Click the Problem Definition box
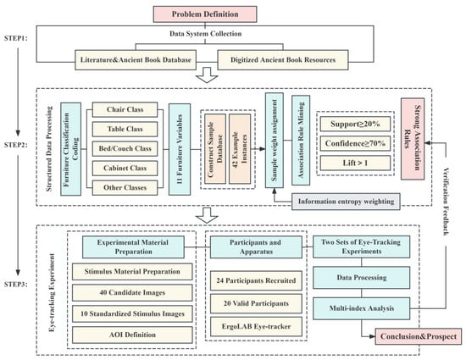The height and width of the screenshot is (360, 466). coord(205,14)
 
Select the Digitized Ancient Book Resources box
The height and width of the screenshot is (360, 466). coord(283,60)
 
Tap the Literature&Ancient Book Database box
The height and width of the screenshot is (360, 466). coord(136,60)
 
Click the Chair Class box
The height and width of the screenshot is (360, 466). coord(125,109)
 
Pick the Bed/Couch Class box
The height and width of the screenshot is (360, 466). coord(125,148)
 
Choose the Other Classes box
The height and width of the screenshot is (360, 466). coord(125,188)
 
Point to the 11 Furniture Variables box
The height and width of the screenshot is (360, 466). coord(180,149)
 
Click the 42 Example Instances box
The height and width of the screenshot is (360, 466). coord(240,149)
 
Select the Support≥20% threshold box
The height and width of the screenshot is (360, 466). coord(355,124)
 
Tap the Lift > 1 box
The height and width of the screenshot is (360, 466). coord(355,163)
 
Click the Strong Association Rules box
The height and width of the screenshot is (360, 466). coord(413,139)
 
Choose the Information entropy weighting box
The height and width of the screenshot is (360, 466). coord(346,202)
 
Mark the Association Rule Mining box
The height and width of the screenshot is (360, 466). coord(301,141)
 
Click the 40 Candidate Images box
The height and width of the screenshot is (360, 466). coord(132,292)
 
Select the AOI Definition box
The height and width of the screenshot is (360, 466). coord(132,335)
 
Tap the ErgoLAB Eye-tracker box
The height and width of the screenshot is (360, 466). coord(256,326)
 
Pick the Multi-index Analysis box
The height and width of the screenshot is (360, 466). coord(362,308)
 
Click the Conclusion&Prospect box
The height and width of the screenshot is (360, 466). coord(419,336)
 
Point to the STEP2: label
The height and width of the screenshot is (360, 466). coord(16,145)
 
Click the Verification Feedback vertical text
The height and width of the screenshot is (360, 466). coord(446,202)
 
